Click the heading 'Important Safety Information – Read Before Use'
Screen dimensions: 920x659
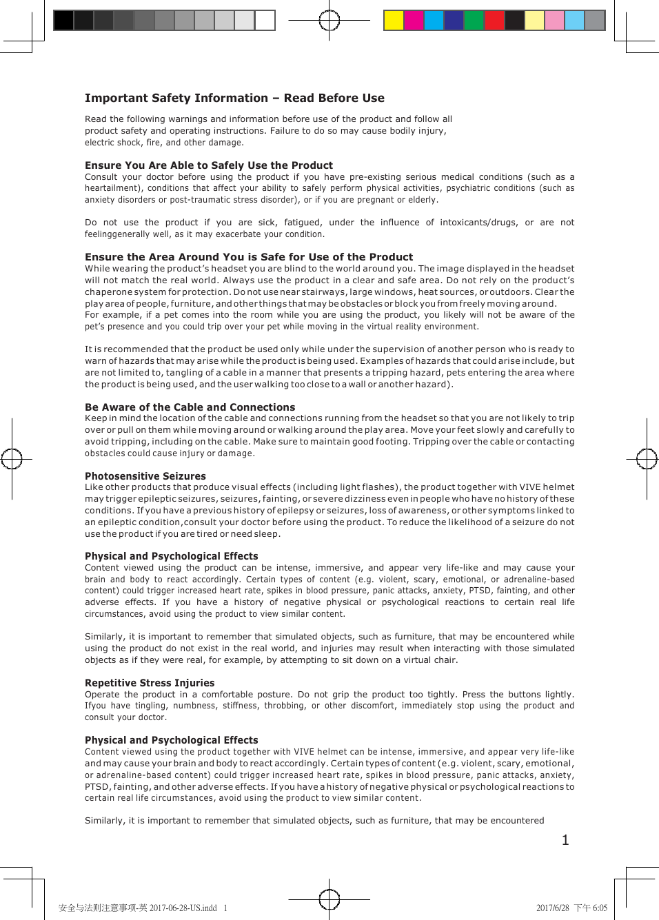tap(234, 99)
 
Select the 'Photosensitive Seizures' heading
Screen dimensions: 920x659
tap(145, 476)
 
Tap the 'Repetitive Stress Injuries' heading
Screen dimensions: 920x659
tap(150, 683)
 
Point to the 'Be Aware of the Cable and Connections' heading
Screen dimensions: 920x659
tap(190, 407)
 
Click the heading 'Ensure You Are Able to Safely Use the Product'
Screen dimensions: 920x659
tap(208, 165)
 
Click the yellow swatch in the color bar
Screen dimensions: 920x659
tap(394, 21)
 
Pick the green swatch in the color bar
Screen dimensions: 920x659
tap(474, 21)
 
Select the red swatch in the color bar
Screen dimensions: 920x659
tap(494, 21)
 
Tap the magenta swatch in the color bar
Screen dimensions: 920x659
tap(414, 21)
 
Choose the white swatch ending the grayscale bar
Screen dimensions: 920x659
tap(265, 21)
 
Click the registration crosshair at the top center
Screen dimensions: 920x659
tap(329, 21)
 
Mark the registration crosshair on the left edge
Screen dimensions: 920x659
tap(12, 458)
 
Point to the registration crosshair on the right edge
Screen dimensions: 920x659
tap(647, 458)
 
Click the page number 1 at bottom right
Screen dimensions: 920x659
tap(565, 840)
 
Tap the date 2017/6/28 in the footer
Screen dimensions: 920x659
tap(552, 908)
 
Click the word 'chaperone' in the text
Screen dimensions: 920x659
tap(108, 292)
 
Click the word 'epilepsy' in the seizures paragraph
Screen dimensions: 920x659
tap(294, 511)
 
